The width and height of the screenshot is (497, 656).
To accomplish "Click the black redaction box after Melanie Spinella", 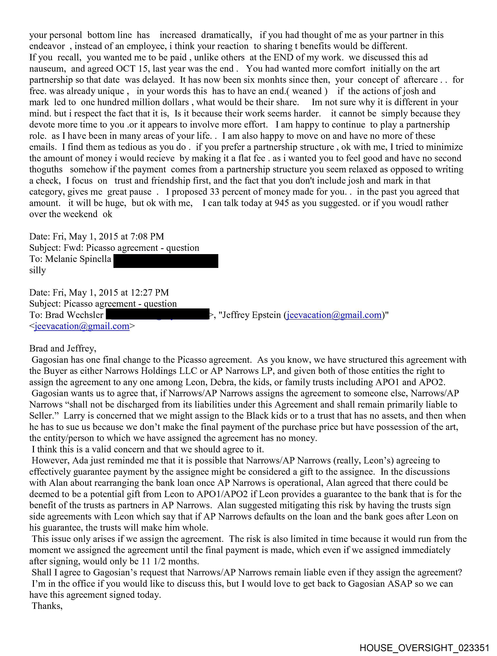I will pyautogui.click(x=166, y=261).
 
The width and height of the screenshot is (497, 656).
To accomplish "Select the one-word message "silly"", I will pyautogui.click(x=38, y=270).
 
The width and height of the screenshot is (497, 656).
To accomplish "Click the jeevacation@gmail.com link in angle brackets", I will pyautogui.click(x=82, y=326).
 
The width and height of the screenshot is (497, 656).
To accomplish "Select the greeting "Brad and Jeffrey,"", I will pyautogui.click(x=63, y=349).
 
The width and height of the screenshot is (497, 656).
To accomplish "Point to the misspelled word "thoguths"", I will pyautogui.click(x=46, y=170).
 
